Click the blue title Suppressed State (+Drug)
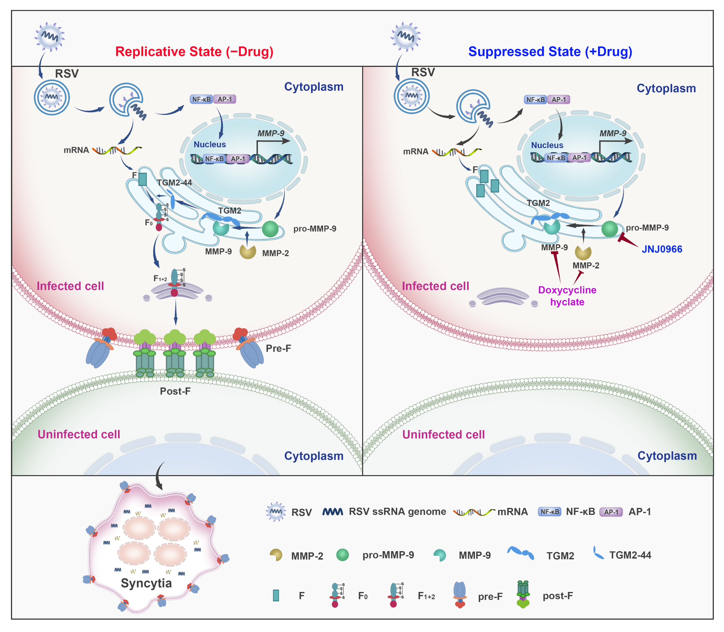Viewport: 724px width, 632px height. tap(550, 52)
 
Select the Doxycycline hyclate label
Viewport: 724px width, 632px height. tap(567, 296)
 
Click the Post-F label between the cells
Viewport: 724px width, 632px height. tap(175, 391)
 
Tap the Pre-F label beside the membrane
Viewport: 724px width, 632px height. tap(278, 348)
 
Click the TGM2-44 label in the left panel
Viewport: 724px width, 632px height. tap(174, 183)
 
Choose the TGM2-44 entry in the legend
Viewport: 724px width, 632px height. tap(630, 555)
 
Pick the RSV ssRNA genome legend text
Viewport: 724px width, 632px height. tap(397, 512)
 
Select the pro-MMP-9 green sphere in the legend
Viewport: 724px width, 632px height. tap(342, 555)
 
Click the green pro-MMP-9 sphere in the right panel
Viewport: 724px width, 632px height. tap(609, 229)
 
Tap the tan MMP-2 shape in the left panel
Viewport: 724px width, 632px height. tap(248, 251)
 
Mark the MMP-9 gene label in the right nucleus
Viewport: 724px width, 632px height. tap(613, 133)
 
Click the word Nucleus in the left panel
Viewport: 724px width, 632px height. tap(210, 144)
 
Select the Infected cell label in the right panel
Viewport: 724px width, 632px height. tap(435, 286)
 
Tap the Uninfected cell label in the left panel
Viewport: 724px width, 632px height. tap(79, 434)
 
